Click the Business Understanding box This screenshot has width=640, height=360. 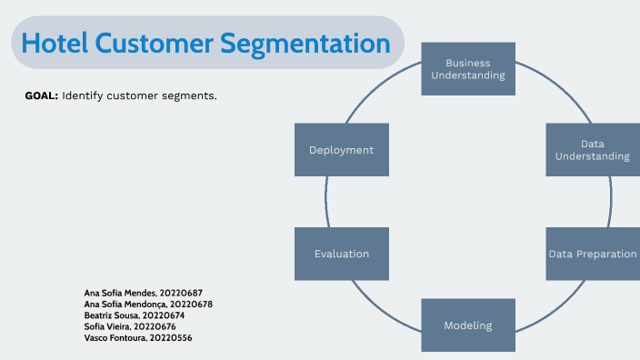click(468, 69)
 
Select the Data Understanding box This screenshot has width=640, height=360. click(592, 150)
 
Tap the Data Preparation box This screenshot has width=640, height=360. click(592, 254)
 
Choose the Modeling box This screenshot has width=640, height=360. click(468, 325)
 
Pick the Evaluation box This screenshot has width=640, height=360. click(342, 254)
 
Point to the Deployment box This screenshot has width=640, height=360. click(342, 150)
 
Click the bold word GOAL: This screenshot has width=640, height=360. click(42, 95)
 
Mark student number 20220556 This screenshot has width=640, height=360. click(172, 336)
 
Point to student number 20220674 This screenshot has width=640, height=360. click(165, 315)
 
